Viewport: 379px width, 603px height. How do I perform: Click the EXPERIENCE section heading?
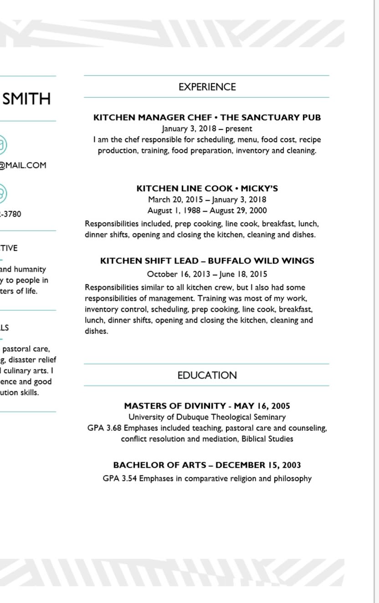point(207,87)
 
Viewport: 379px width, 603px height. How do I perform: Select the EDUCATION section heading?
point(207,375)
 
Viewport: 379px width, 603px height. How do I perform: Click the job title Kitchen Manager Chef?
point(153,117)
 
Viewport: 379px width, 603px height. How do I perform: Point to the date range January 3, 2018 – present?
point(207,129)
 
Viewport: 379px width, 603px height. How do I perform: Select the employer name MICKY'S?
point(259,188)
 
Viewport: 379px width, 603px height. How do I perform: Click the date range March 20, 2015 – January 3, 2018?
point(207,199)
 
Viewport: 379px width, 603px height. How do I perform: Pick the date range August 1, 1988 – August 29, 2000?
point(207,211)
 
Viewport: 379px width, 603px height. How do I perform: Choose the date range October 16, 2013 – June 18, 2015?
point(207,274)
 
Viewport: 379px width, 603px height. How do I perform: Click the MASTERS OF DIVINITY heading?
point(174,406)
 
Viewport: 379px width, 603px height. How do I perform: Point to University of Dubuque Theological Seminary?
point(207,417)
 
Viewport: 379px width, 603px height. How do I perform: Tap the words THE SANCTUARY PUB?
point(271,117)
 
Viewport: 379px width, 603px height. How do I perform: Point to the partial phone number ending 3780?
point(12,214)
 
